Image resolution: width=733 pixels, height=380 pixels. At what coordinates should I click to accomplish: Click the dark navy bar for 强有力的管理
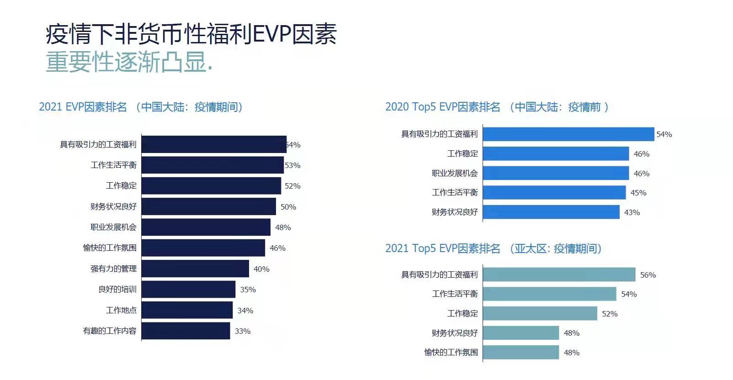click(x=195, y=269)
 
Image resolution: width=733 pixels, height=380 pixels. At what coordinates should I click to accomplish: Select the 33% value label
click(x=242, y=331)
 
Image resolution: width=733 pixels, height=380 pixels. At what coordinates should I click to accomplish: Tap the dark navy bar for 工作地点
click(x=187, y=310)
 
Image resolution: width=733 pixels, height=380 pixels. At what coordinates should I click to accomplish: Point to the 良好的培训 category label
click(x=117, y=289)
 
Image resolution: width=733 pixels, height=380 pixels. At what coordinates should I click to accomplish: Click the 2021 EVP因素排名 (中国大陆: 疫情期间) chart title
click(x=141, y=107)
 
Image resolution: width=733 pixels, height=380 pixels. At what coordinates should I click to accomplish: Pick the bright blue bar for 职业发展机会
click(x=556, y=173)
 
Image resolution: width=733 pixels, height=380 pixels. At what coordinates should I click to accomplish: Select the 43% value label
click(x=632, y=212)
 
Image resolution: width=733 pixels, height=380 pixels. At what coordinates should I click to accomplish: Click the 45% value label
click(x=638, y=193)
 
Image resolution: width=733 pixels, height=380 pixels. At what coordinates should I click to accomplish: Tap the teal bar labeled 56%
click(x=559, y=274)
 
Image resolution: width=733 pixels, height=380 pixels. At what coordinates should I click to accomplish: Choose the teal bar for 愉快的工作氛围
click(x=521, y=352)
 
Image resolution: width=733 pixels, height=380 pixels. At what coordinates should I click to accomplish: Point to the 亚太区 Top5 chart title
click(x=493, y=248)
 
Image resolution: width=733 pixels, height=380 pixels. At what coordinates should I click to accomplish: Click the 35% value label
click(x=248, y=290)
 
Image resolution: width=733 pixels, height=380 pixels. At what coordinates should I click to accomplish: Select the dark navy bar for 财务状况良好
click(x=208, y=206)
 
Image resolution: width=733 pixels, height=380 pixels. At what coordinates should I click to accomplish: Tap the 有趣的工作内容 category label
click(x=110, y=331)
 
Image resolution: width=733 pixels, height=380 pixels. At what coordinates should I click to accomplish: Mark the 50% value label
click(x=288, y=207)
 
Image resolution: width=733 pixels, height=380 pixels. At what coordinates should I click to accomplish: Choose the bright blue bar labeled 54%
click(x=568, y=134)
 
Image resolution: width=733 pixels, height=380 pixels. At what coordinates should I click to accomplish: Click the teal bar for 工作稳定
click(x=540, y=313)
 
